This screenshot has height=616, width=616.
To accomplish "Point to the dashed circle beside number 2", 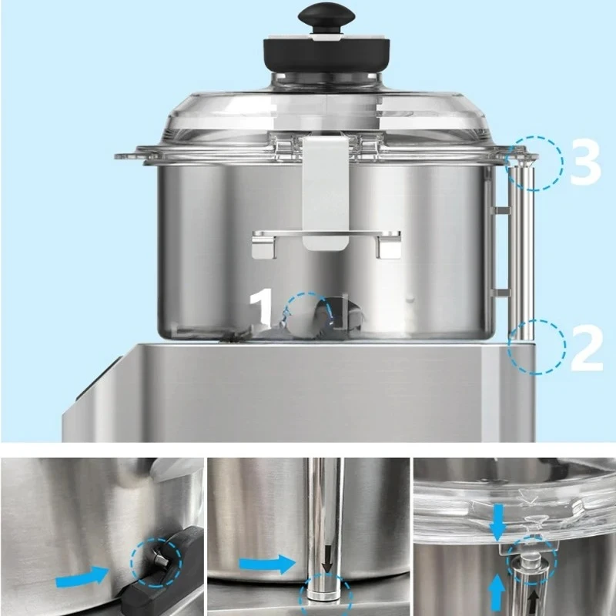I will click(537, 346).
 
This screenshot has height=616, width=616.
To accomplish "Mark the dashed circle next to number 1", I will click(309, 315).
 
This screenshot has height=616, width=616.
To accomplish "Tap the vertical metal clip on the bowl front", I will click(326, 192).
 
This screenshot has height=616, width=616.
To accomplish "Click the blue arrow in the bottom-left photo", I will click(81, 573).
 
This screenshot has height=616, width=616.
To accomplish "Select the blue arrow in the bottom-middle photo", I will click(266, 564).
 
